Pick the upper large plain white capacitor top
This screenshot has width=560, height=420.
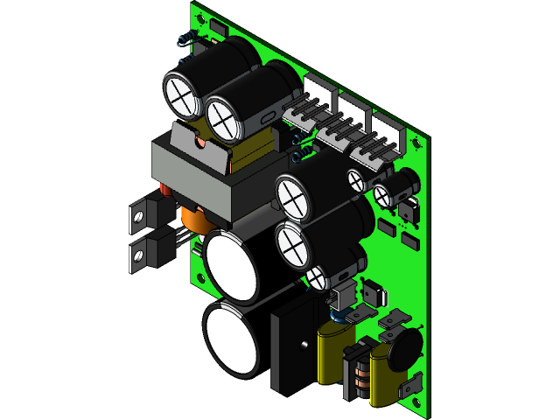(x=232, y=266)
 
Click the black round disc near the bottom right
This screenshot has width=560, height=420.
(x=404, y=348)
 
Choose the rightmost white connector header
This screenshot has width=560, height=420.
(x=388, y=128)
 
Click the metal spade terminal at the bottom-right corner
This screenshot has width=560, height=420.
(x=411, y=383)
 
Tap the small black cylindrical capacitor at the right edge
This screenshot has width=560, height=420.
(x=402, y=185)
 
